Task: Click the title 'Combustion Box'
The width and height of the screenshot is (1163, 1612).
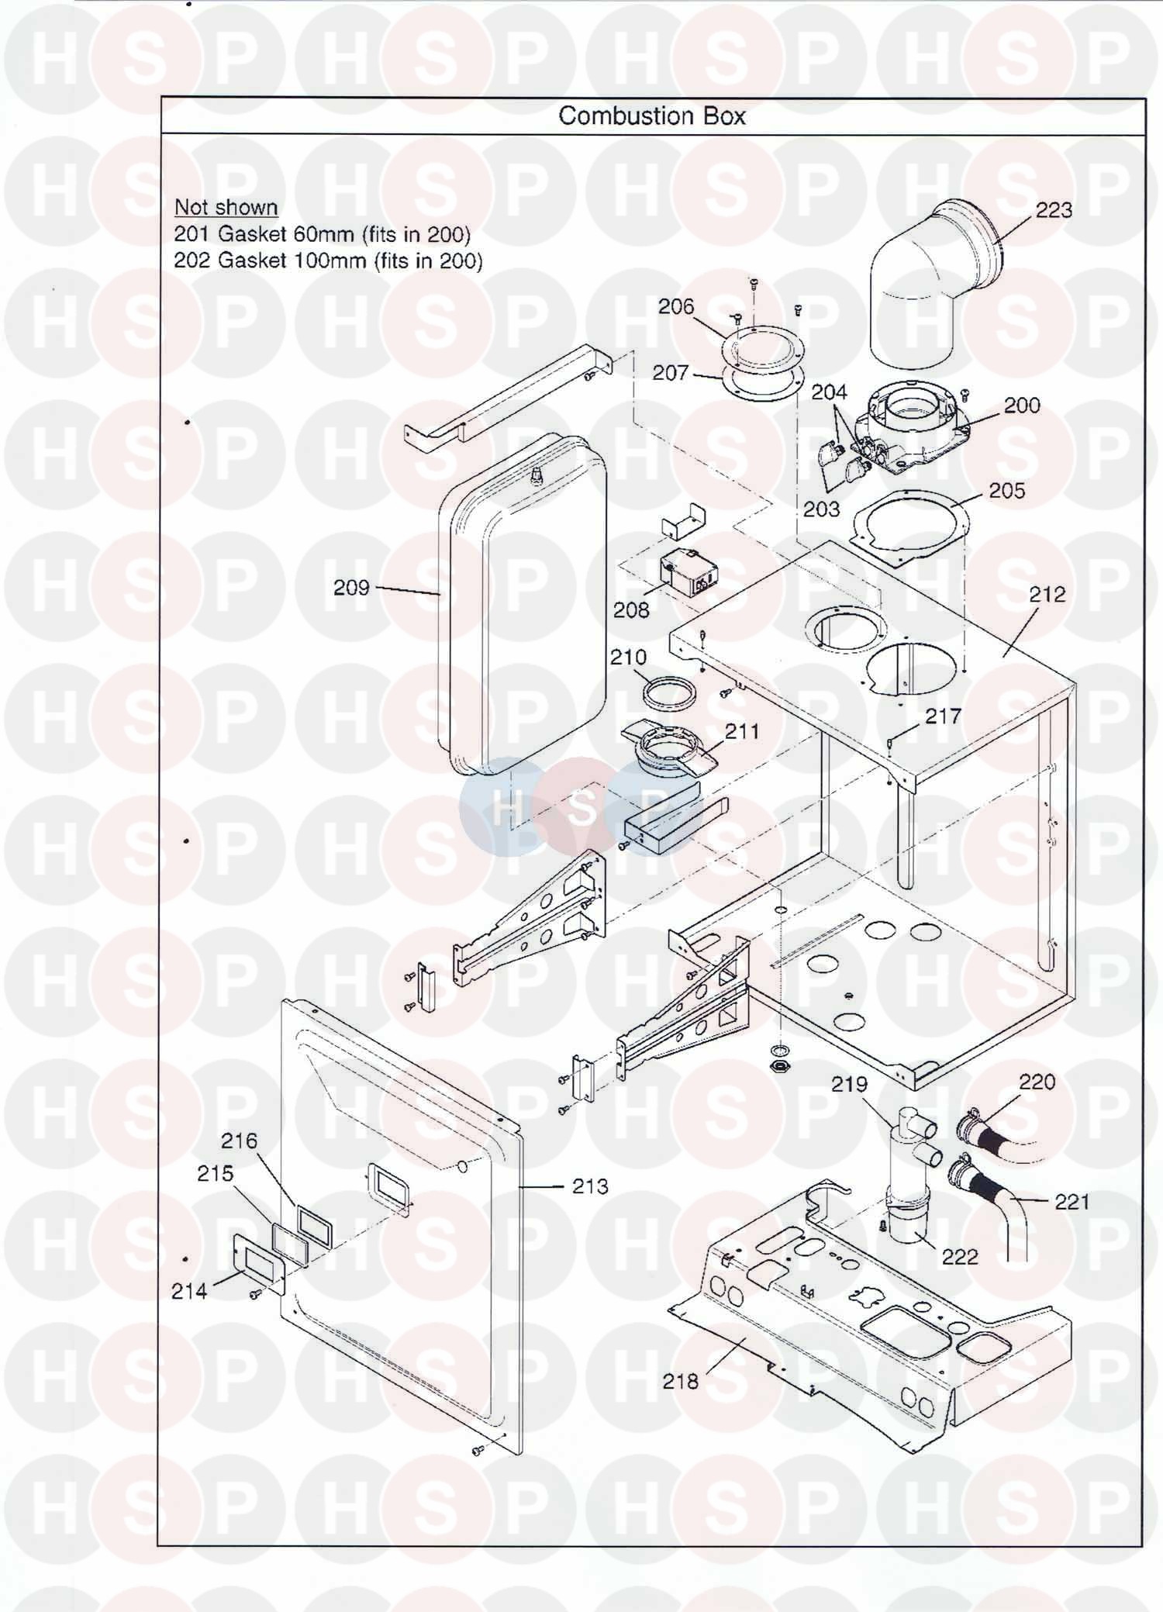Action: [x=652, y=116]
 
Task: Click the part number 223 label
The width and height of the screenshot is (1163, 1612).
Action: [x=1054, y=210]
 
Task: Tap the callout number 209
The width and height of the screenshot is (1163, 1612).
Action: [x=351, y=588]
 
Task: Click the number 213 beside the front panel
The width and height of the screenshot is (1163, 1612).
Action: [x=590, y=1186]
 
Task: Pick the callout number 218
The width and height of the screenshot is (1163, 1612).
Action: [x=680, y=1381]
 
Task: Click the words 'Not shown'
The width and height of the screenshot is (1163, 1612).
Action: [x=226, y=207]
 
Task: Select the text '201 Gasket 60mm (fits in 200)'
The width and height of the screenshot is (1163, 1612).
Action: [x=322, y=233]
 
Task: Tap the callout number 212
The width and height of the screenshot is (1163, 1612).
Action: [x=1047, y=594]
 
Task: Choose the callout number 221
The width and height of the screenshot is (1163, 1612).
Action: [x=1072, y=1202]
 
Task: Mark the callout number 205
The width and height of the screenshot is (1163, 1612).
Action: [x=1006, y=491]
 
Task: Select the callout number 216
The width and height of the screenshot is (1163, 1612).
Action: [x=239, y=1141]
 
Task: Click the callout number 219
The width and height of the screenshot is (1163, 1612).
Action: [x=849, y=1084]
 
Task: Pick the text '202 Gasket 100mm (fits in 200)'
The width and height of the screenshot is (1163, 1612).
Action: [x=328, y=261]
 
